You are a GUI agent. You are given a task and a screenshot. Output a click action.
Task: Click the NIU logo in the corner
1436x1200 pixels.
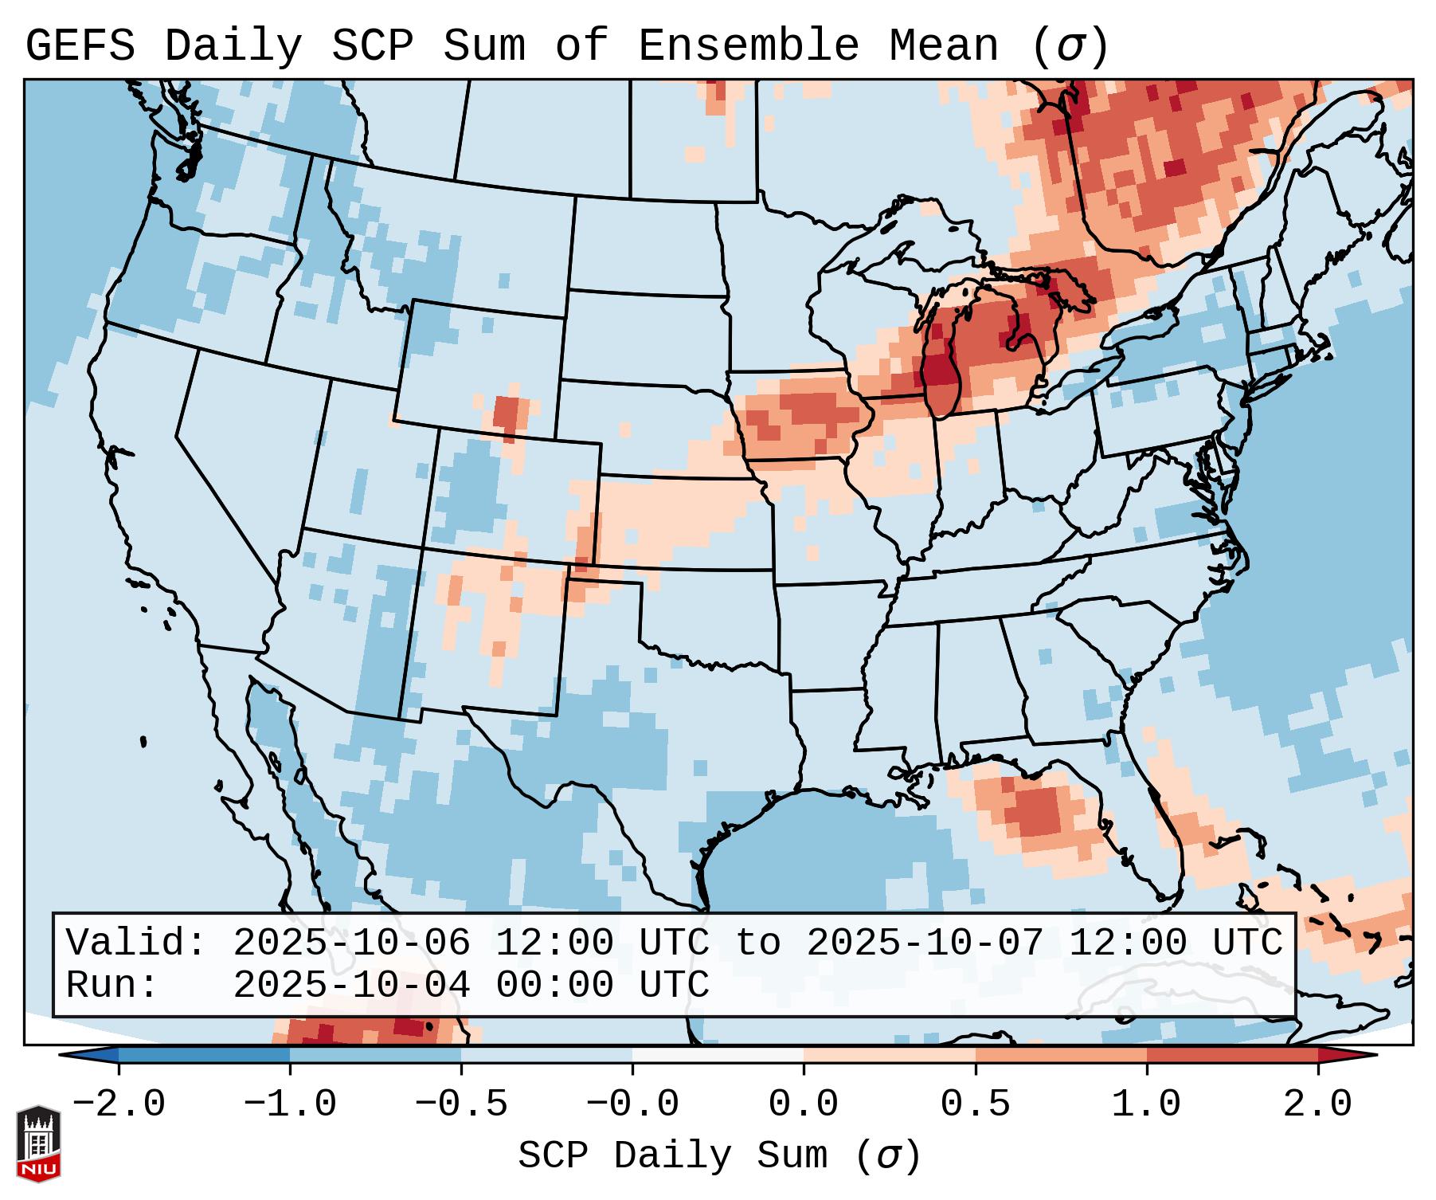38,1143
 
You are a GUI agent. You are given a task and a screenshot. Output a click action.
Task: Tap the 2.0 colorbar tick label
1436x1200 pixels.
1317,1104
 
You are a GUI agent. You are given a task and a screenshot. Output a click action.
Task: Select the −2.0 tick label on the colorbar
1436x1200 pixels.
119,1104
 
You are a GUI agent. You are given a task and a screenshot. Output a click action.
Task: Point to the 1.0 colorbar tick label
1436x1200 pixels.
1146,1104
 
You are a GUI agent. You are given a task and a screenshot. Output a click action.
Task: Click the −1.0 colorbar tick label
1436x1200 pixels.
290,1104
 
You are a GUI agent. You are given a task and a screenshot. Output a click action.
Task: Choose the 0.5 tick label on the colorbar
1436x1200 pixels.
975,1104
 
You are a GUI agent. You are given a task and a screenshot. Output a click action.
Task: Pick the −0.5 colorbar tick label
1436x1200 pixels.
461,1104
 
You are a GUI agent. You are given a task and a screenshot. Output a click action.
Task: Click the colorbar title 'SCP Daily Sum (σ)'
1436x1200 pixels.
719,1156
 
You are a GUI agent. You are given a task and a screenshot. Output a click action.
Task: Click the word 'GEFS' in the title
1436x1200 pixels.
80,46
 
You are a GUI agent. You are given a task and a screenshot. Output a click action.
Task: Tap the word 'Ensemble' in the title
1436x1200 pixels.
748,46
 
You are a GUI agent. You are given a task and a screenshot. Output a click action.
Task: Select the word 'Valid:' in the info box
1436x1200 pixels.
136,943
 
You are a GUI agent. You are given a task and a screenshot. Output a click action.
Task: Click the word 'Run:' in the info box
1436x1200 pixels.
112,985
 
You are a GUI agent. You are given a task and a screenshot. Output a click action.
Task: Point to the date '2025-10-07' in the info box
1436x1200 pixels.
925,943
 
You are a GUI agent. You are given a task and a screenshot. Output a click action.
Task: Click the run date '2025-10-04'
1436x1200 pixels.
351,985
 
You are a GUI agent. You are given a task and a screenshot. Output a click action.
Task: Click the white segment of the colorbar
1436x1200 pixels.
718,1055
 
